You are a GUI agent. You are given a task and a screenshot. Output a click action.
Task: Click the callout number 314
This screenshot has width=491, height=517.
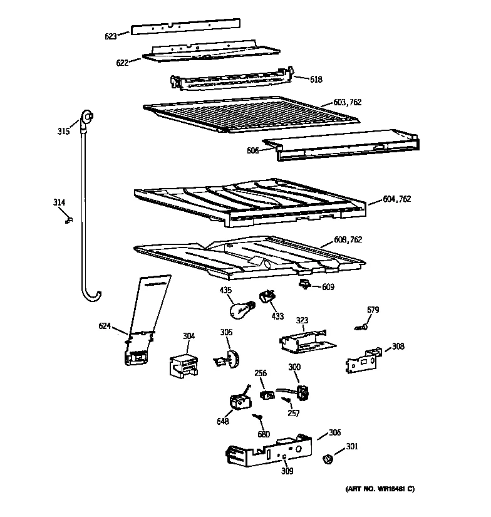[58, 202]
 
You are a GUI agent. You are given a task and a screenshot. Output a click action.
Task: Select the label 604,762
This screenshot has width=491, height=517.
[397, 200]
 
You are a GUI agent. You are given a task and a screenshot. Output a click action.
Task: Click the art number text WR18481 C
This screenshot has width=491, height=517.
[380, 489]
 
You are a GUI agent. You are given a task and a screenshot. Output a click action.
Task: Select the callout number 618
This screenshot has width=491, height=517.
[316, 80]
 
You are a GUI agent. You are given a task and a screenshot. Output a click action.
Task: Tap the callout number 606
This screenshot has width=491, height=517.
[252, 151]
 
